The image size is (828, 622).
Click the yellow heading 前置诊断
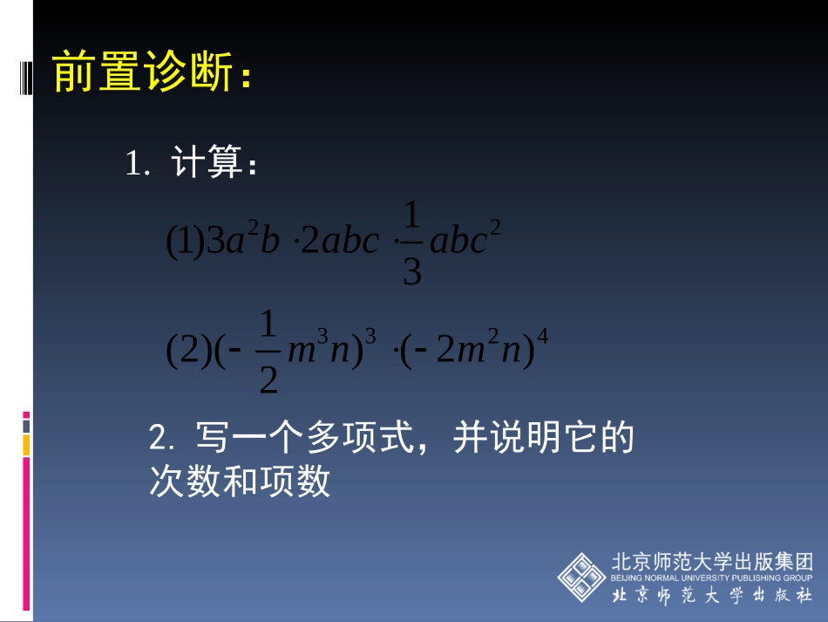tap(145, 72)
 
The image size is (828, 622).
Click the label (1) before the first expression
tap(185, 242)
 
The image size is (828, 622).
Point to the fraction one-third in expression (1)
tap(412, 243)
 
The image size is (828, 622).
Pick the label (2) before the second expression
tap(185, 351)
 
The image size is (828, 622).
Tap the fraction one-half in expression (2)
tap(268, 352)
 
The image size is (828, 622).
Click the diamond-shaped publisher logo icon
tap(582, 577)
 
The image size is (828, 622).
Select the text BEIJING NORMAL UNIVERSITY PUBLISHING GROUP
tap(711, 578)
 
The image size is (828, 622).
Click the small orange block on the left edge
tap(26, 445)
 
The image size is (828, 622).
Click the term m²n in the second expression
tap(491, 351)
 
